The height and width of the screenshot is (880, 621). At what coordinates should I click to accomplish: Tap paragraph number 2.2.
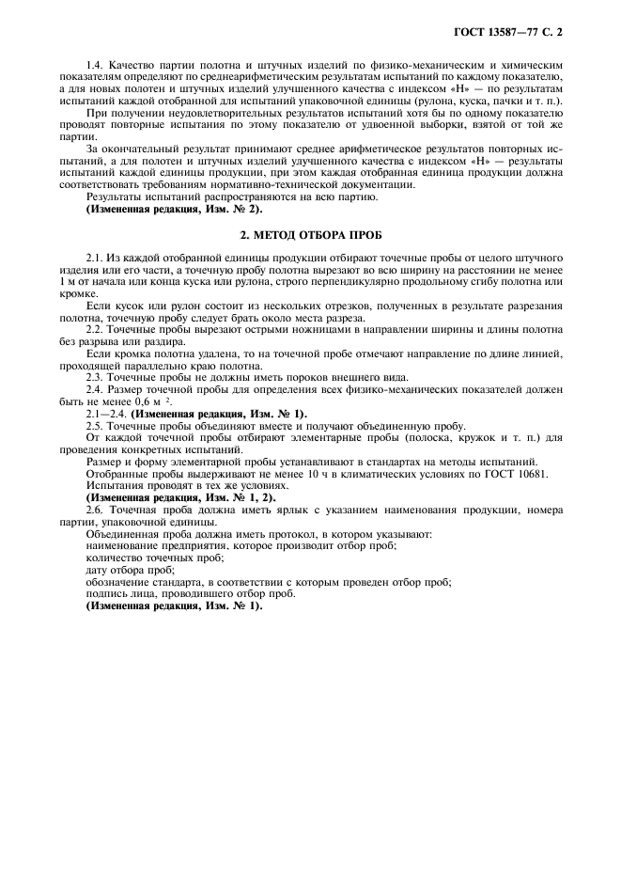[95, 330]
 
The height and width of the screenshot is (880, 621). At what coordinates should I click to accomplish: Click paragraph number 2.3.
[95, 375]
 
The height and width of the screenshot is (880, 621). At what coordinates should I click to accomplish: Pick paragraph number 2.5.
[95, 425]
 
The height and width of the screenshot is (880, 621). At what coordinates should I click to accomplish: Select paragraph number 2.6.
[95, 508]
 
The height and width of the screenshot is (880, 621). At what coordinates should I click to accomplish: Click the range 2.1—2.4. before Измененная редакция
[107, 414]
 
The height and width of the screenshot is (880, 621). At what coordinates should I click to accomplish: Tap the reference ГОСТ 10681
[513, 473]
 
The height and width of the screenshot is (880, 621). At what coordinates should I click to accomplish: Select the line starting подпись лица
[190, 593]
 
